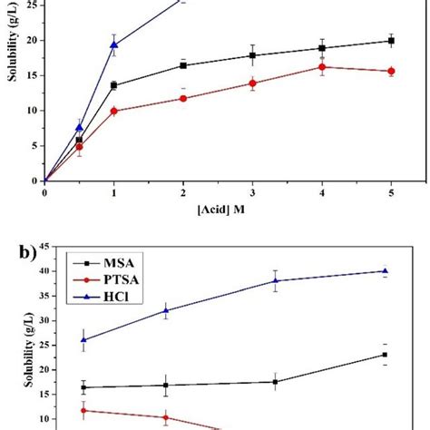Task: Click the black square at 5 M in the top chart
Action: [x=391, y=41]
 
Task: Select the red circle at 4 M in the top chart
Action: [x=322, y=66]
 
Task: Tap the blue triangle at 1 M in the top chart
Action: [x=114, y=44]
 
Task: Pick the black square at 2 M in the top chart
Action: [x=183, y=65]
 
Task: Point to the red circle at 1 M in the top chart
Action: [x=114, y=111]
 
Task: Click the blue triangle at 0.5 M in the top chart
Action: [x=80, y=127]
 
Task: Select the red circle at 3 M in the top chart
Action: [x=253, y=83]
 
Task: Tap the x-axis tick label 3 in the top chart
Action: [x=253, y=192]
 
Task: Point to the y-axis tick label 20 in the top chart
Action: [x=33, y=40]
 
